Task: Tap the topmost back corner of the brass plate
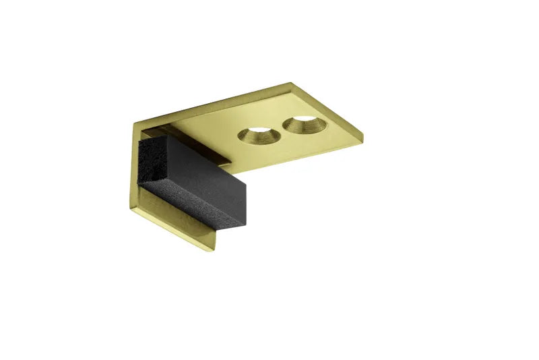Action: point(291,84)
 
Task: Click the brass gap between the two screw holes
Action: point(279,130)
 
